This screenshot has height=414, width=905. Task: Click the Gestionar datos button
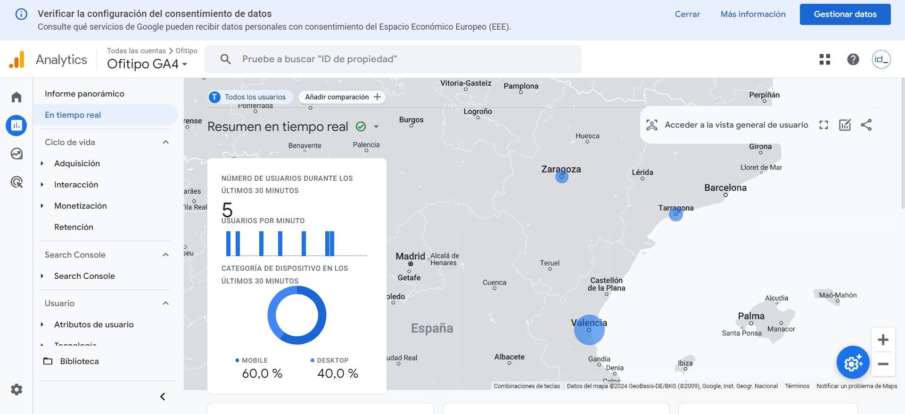(845, 14)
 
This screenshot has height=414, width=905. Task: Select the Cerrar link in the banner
(687, 14)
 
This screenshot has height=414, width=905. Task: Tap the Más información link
(753, 14)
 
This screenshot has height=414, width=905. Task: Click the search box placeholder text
(319, 59)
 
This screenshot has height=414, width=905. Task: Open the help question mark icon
(853, 59)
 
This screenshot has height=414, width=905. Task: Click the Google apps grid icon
(824, 59)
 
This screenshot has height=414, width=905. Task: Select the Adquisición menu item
(77, 163)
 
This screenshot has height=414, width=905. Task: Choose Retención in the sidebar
(74, 227)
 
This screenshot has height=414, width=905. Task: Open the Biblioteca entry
(79, 361)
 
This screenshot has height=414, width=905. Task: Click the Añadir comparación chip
(342, 97)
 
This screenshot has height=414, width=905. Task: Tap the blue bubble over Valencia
(589, 330)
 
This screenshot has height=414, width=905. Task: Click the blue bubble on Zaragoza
(561, 177)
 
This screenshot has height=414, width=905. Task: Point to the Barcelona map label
(725, 187)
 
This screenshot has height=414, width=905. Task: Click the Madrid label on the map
(410, 256)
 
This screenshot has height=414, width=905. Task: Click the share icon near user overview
(866, 125)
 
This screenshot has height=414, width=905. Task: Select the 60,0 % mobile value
(262, 373)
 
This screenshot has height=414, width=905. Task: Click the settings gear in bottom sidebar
(16, 390)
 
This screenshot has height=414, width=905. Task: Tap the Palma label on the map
(751, 316)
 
